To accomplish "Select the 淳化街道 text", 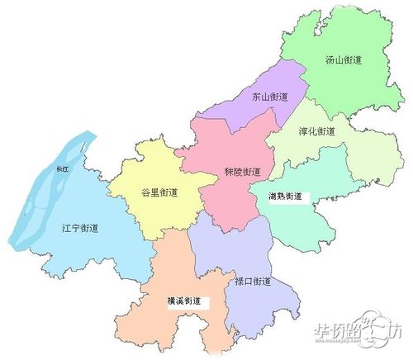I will point(317,131).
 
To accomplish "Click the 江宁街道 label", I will point(80,227).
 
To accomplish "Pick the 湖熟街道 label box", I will point(286,197).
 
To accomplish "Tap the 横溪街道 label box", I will point(188,301).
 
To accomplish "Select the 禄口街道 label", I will point(252,282).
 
